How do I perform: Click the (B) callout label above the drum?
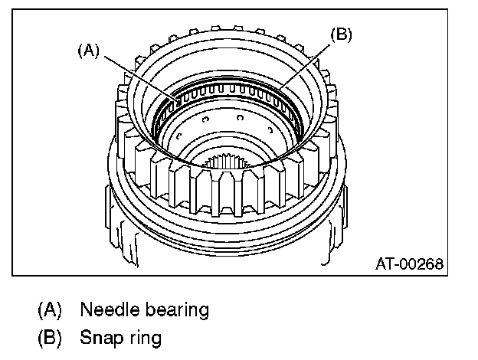click(x=340, y=35)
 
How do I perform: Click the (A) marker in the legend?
click(x=50, y=310)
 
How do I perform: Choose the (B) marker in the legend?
click(x=50, y=336)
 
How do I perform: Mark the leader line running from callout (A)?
click(x=138, y=74)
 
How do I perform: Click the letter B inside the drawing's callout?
click(x=340, y=35)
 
